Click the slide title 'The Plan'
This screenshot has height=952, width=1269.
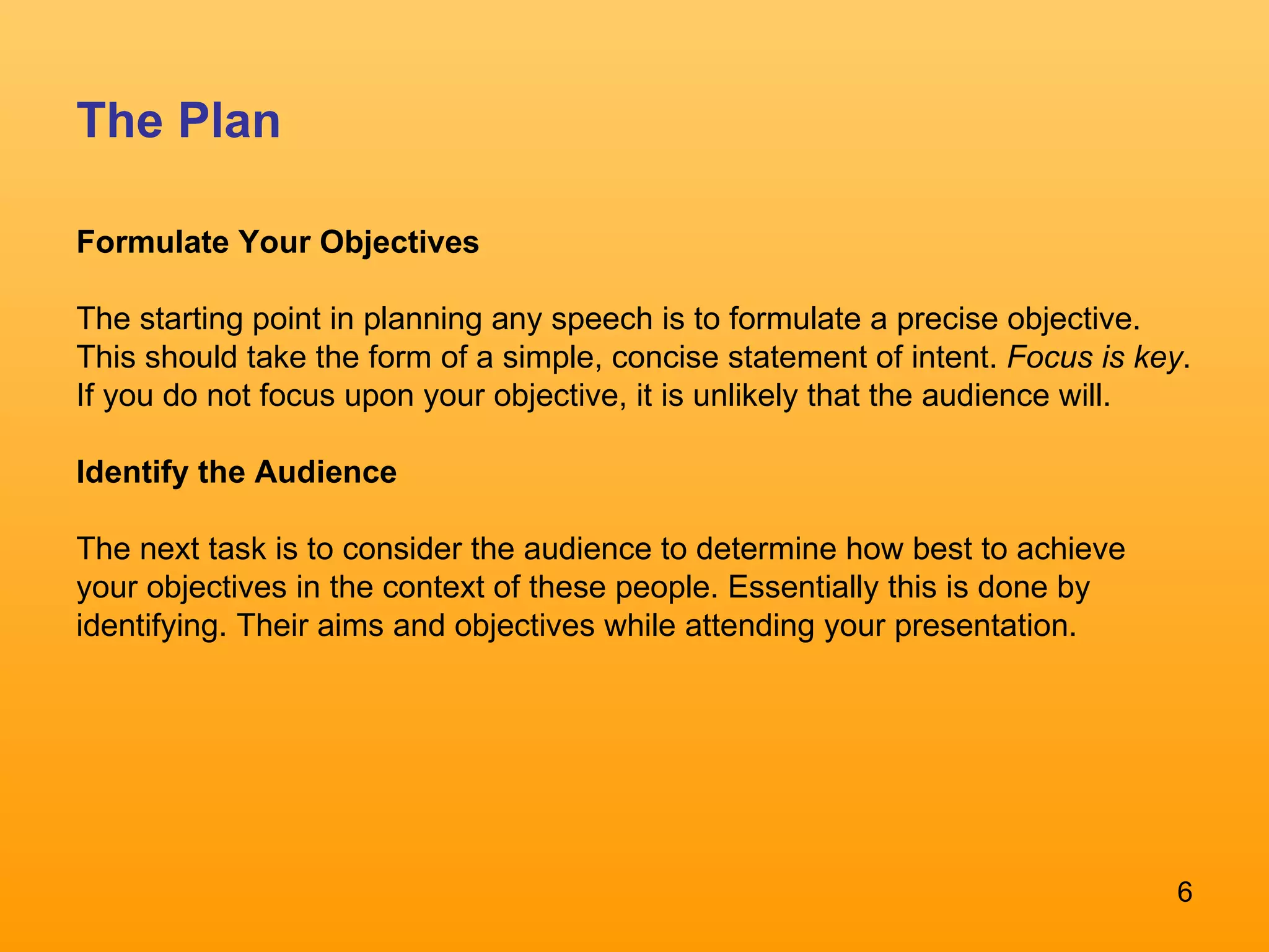178,120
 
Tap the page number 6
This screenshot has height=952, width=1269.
1184,892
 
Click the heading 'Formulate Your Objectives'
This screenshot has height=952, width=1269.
278,242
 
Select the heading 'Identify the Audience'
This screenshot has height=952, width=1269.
236,472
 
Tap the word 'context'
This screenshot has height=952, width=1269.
433,588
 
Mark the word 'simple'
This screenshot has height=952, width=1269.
551,358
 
